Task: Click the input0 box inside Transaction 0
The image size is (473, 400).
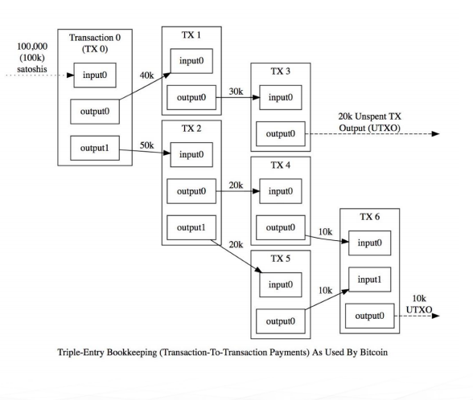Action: point(95,75)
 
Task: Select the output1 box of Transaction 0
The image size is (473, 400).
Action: point(95,148)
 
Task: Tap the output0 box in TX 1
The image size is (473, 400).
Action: point(191,97)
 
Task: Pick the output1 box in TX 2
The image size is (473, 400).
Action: point(191,227)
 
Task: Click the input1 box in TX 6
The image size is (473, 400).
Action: point(369,280)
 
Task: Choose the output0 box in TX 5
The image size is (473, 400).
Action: point(281,321)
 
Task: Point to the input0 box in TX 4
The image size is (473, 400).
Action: point(281,191)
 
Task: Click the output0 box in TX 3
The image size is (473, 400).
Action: point(281,133)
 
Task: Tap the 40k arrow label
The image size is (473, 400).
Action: point(146,76)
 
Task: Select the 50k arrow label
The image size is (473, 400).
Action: point(146,145)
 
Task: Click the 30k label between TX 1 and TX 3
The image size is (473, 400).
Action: point(236,92)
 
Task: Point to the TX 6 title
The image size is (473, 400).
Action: point(369,217)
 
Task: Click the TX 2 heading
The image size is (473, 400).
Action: point(191,129)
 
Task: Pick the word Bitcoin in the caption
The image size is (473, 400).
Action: point(374,352)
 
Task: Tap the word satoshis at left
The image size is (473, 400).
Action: point(32,69)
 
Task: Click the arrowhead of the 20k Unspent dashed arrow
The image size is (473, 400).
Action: point(436,133)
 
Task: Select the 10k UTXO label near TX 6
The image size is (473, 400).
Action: point(419,304)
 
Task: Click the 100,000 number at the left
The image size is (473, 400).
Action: point(32,47)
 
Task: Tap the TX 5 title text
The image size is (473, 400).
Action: point(281,259)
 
